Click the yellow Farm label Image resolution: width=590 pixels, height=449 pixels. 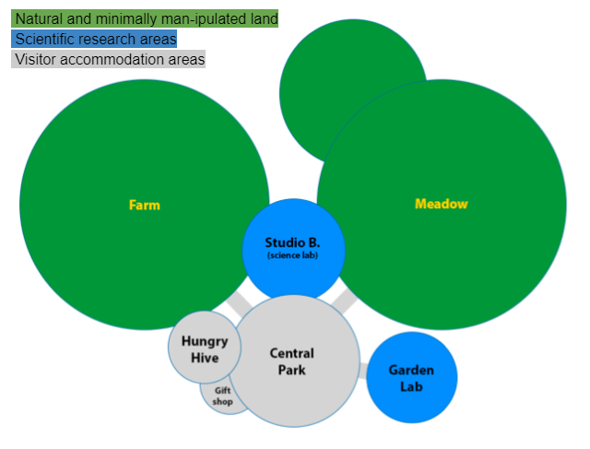[145, 205]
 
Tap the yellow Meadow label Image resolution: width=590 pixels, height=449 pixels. [442, 204]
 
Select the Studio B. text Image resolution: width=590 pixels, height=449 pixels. [292, 242]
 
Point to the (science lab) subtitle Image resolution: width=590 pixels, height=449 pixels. [293, 255]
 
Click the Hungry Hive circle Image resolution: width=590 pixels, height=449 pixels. [205, 347]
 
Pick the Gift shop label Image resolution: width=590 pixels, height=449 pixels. [222, 396]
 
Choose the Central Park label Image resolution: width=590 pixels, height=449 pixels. [292, 361]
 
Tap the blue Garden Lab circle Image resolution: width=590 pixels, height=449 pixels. [412, 377]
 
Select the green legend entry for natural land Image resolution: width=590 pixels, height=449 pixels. [145, 18]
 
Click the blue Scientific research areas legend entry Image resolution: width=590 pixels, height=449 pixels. [94, 39]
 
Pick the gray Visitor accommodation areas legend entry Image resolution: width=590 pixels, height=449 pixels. [109, 59]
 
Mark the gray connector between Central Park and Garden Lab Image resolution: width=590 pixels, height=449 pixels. [363, 371]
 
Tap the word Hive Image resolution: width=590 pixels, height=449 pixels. [205, 358]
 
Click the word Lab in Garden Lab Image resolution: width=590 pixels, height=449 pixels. [411, 386]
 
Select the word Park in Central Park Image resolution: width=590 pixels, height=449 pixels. [292, 370]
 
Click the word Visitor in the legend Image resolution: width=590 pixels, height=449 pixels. [36, 59]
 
